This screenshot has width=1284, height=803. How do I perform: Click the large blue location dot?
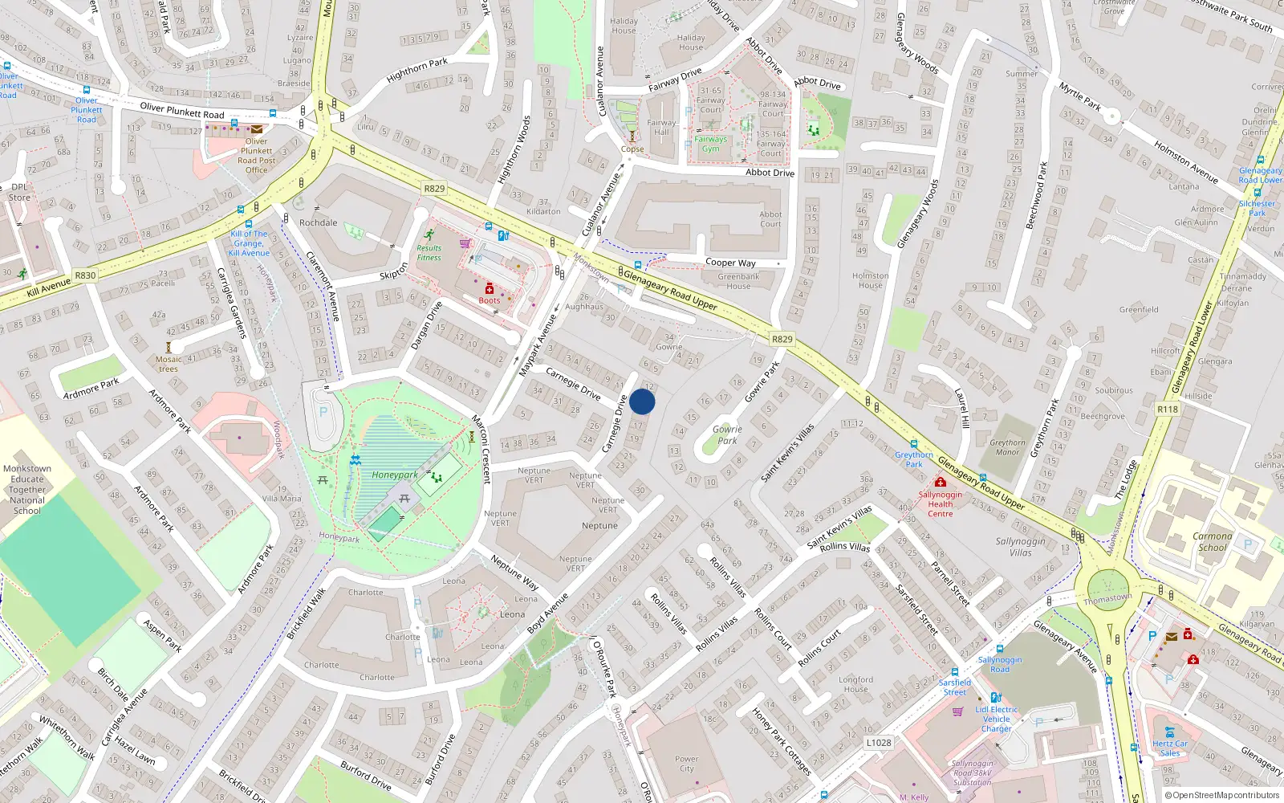(642, 401)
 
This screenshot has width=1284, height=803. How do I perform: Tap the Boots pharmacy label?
(490, 300)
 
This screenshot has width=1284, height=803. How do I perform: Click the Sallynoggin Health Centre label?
(941, 504)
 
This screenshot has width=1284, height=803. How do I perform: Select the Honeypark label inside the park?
(394, 475)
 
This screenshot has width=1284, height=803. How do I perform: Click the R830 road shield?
(85, 275)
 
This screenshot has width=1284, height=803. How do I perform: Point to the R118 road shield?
(1168, 410)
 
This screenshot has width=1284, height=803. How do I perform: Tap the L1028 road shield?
(879, 743)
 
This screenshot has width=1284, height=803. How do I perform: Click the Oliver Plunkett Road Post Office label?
(256, 155)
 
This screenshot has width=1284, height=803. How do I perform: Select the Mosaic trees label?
(169, 364)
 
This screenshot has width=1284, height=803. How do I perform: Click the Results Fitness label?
(429, 253)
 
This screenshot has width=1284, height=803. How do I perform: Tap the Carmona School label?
(1212, 542)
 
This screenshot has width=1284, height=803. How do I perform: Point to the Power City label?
(686, 764)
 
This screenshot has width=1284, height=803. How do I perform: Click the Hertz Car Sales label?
(1170, 748)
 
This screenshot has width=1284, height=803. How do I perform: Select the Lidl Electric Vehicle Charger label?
(996, 719)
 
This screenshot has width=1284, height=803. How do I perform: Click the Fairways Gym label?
(710, 144)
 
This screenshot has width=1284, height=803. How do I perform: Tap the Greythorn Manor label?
(1007, 447)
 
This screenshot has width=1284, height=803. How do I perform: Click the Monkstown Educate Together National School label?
(27, 489)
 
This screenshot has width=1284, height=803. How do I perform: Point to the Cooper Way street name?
(730, 263)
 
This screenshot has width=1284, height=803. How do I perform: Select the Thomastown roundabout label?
(1108, 599)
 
